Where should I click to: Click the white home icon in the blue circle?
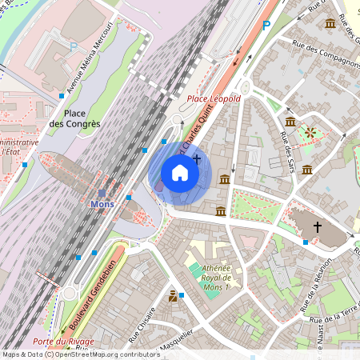pyautogui.click(x=180, y=173)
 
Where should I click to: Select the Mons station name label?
pyautogui.click(x=102, y=204)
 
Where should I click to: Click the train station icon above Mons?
pyautogui.click(x=102, y=193)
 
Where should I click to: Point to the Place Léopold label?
pyautogui.click(x=214, y=98)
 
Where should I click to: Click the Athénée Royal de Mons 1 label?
pyautogui.click(x=216, y=277)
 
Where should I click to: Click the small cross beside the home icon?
pyautogui.click(x=197, y=160)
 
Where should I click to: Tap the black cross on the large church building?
pyautogui.click(x=317, y=228)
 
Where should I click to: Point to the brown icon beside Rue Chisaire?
pyautogui.click(x=172, y=297)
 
